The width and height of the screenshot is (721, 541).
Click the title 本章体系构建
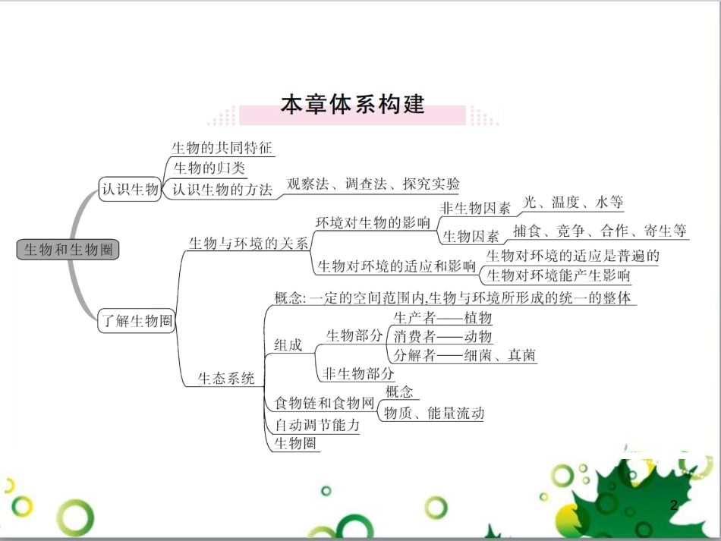pos(352,104)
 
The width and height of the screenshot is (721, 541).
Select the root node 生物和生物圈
pos(68,249)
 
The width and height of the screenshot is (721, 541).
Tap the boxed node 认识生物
pos(130,190)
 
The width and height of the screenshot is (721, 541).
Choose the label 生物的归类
pos(209,168)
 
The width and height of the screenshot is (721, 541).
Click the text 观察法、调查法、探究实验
pos(373,184)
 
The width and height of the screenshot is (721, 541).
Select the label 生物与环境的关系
pos(248,244)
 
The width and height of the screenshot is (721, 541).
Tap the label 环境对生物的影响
pos(373,223)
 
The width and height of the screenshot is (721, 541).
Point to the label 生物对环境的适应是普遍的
pos(573,256)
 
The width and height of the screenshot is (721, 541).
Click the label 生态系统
pos(226,378)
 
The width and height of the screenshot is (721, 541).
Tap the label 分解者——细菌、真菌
pos(465,355)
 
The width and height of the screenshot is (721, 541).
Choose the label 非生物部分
pos(359,373)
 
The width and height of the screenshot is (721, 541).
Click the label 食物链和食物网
pos(325,403)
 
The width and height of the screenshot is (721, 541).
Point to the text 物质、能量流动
pos(434,414)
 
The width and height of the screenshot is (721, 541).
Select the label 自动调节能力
pos(317,425)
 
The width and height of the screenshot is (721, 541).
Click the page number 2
pos(673,505)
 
